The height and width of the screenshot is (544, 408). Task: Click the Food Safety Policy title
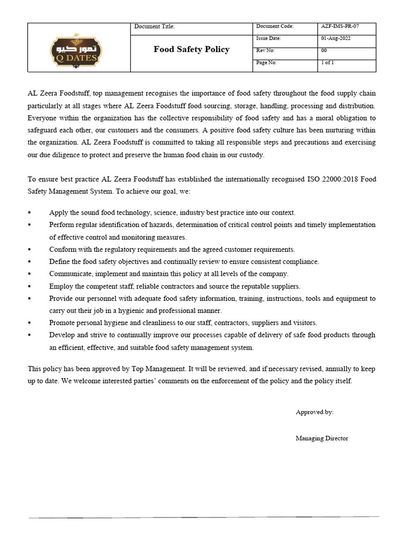point(191,49)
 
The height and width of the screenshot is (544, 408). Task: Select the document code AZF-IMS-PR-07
point(344,27)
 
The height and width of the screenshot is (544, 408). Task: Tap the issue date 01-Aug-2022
point(336,38)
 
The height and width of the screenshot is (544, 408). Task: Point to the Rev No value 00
point(324,50)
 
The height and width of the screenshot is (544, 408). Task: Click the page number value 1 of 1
point(327,63)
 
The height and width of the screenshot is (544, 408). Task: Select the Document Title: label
point(154,27)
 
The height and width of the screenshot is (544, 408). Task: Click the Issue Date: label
point(268,38)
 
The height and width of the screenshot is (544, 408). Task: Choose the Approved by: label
point(314,412)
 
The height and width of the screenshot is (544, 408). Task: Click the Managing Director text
point(322,438)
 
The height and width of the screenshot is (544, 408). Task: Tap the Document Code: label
point(275,27)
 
